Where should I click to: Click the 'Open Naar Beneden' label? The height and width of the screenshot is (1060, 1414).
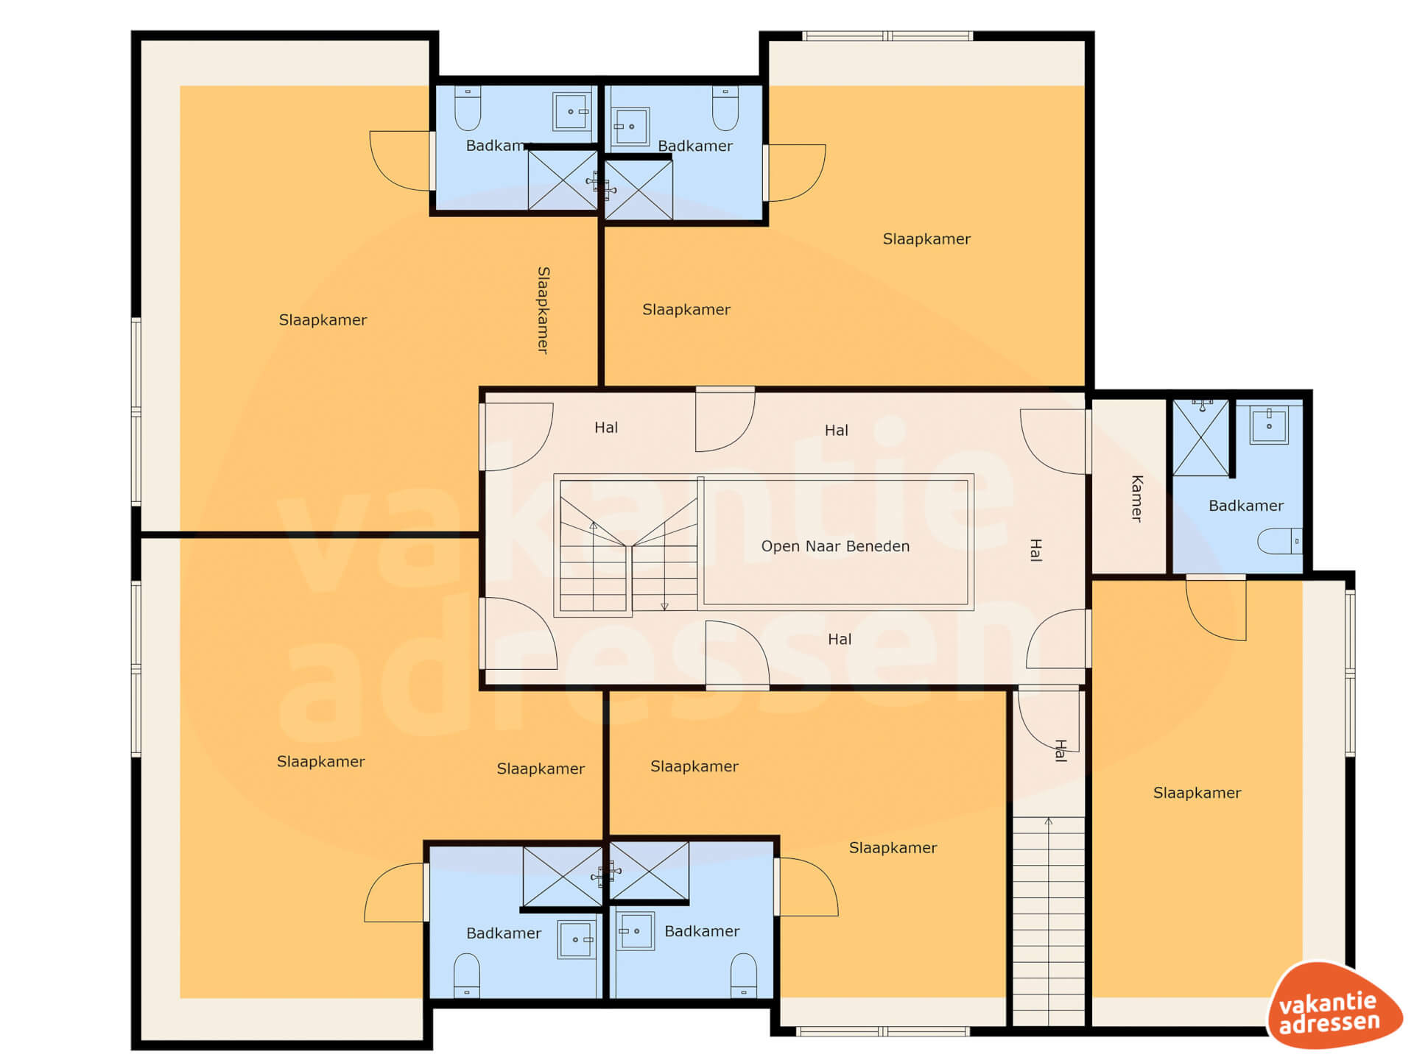click(835, 546)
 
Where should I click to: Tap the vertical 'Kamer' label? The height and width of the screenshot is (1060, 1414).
click(1137, 498)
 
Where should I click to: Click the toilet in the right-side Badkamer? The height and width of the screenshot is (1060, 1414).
click(1279, 541)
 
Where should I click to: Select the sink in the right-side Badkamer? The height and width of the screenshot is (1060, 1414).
click(1269, 425)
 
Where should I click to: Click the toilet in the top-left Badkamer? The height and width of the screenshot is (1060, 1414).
click(468, 108)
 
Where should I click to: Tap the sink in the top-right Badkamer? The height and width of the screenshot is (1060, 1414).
click(631, 127)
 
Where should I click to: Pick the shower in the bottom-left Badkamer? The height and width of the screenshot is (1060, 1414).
click(563, 876)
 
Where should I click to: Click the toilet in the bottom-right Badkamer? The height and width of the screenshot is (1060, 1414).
click(743, 975)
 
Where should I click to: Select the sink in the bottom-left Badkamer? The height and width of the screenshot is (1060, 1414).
click(577, 939)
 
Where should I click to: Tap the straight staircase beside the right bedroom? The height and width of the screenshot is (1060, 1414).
click(1048, 920)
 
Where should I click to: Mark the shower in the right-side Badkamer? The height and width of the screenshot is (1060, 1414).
click(1200, 437)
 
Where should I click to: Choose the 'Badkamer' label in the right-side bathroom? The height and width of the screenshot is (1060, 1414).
click(1246, 506)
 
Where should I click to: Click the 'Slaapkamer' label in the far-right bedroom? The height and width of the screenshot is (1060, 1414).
click(1197, 793)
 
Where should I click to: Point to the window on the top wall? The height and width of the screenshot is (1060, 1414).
click(887, 35)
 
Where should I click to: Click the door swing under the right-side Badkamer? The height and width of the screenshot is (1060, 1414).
click(1216, 608)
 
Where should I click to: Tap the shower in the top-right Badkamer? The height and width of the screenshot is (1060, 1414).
click(639, 189)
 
